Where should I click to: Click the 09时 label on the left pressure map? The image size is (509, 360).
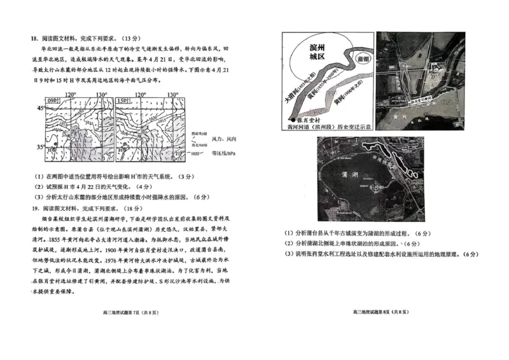(x=53, y=101)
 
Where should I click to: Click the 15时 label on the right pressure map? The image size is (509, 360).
(x=124, y=101)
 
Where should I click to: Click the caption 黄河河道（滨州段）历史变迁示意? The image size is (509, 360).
(x=325, y=127)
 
